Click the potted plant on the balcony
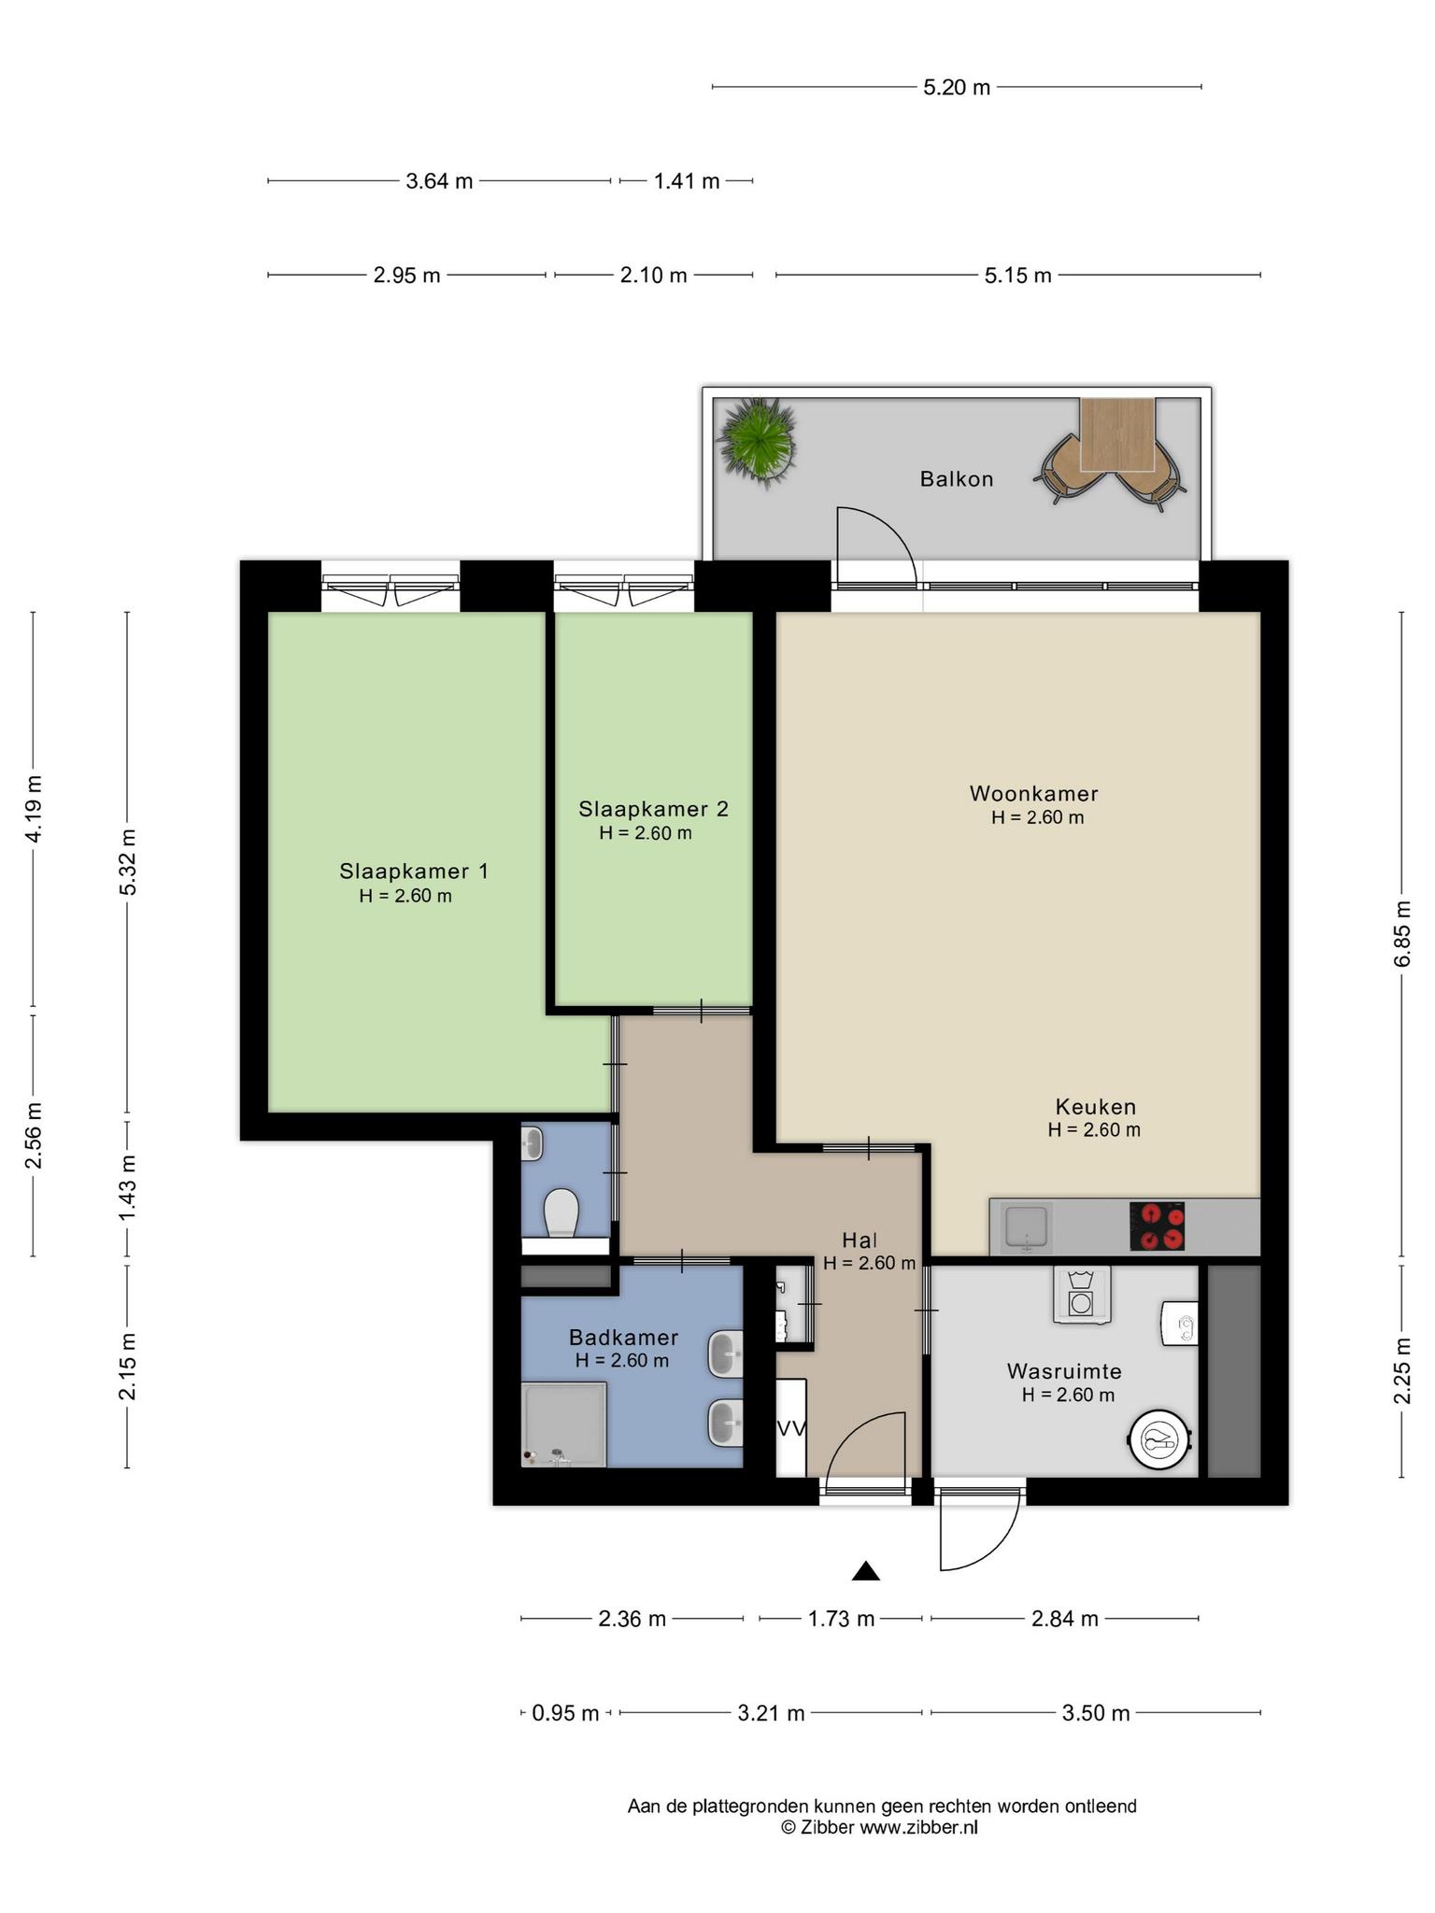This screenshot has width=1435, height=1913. click(757, 441)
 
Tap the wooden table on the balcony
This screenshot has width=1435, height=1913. click(1117, 434)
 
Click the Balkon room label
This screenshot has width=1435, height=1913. click(957, 479)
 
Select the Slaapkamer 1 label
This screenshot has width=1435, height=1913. click(414, 871)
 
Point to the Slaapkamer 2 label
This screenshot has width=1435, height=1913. click(653, 809)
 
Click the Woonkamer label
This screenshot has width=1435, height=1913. click(1034, 794)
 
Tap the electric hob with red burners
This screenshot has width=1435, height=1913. click(1158, 1226)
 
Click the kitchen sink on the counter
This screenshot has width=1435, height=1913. click(1026, 1226)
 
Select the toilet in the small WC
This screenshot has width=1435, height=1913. click(561, 1212)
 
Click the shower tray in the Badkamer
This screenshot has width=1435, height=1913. click(564, 1424)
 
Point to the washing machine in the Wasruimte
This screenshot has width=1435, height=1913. click(1082, 1295)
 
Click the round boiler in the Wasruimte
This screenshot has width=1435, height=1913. click(1161, 1440)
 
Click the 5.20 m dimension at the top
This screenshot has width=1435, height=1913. click(957, 88)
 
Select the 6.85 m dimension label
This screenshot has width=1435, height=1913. click(1401, 934)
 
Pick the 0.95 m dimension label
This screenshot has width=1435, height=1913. click(565, 1713)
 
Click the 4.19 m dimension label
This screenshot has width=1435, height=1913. click(34, 809)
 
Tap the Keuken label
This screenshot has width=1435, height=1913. click(1096, 1107)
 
